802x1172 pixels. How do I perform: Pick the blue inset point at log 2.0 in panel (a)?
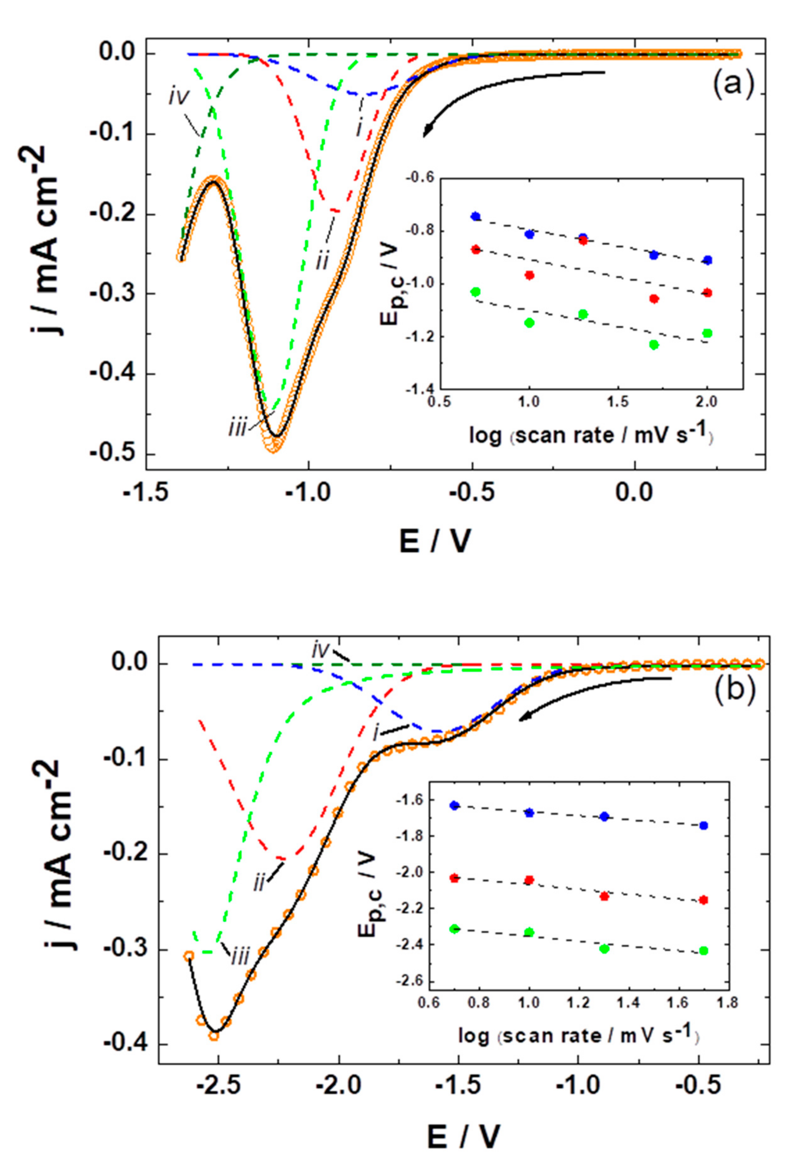pos(707,260)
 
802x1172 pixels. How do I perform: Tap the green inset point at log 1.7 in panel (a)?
pos(654,345)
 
